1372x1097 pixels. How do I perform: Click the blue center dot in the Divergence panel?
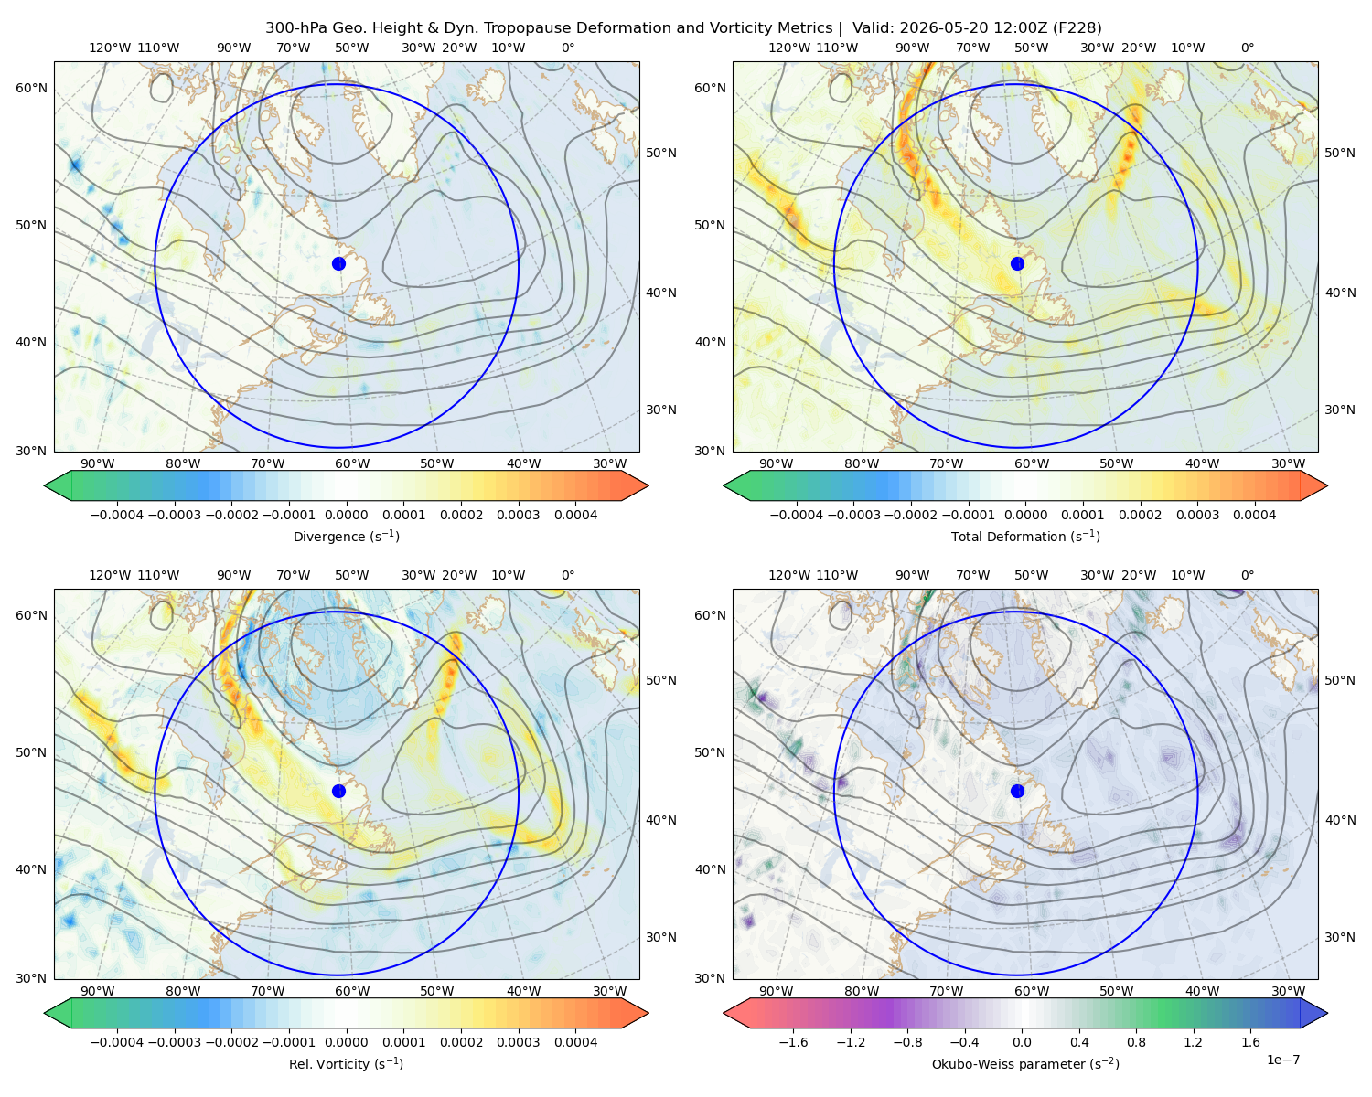coord(338,263)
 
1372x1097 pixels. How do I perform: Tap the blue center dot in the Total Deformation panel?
coord(1017,263)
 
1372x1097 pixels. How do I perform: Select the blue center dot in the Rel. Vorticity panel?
coord(338,791)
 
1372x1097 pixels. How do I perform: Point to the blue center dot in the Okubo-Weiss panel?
coord(1017,791)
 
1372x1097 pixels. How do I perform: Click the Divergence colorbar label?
coord(346,536)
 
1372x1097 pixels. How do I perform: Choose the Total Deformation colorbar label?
coord(1025,536)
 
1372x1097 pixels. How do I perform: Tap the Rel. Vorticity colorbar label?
coord(346,1063)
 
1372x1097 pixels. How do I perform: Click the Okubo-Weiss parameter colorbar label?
coord(1025,1063)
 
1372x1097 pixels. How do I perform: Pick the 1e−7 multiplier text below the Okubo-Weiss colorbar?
coord(1282,1060)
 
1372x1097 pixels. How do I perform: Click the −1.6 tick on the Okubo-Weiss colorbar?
coord(793,1041)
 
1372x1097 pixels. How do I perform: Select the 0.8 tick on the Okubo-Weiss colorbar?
coord(1136,1041)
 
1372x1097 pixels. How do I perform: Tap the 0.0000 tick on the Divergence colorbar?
coord(346,515)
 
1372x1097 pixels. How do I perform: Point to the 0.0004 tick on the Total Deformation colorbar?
coord(1254,515)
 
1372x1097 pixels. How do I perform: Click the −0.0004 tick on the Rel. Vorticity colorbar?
coord(117,1041)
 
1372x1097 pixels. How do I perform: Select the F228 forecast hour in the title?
coord(1077,28)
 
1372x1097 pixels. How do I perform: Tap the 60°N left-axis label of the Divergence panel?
coord(31,88)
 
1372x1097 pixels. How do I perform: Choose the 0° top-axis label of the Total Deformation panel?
coord(1247,48)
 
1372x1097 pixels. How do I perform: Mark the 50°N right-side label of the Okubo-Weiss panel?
coord(1339,680)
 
